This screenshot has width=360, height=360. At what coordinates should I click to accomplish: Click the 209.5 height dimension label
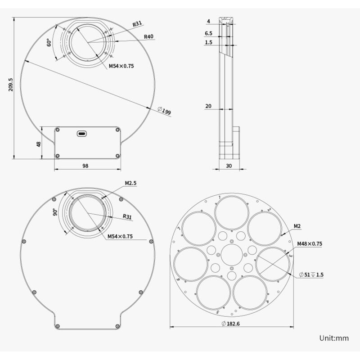click(x=11, y=85)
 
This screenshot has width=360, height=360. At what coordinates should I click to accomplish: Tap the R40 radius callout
click(x=148, y=36)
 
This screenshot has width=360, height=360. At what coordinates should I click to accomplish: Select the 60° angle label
click(x=49, y=42)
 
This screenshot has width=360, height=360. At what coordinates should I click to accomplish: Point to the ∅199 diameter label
click(x=164, y=111)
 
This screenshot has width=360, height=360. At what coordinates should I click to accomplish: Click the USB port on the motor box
click(x=82, y=133)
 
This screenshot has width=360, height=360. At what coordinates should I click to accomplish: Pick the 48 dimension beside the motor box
click(x=39, y=144)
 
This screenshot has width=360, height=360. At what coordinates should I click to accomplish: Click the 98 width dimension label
click(x=85, y=166)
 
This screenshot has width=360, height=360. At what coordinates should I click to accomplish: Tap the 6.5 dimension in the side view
click(x=208, y=33)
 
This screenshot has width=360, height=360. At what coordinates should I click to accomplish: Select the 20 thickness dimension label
click(x=208, y=106)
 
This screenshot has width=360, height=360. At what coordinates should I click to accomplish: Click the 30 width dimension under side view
click(x=229, y=166)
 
